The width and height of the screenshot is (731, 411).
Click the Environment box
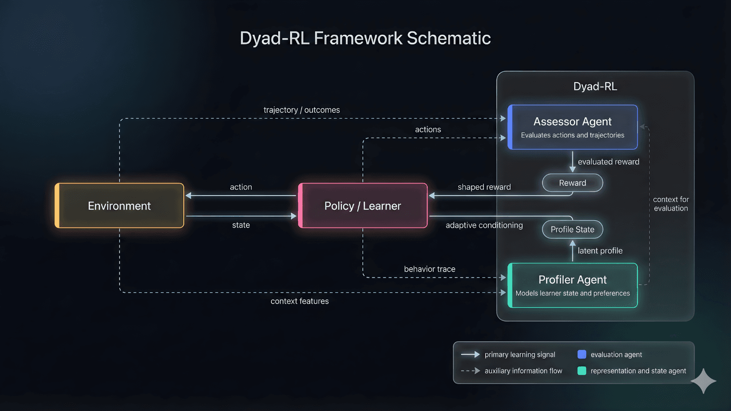[x=119, y=205]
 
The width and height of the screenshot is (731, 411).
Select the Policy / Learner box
[x=363, y=205]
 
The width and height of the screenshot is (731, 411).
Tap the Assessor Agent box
[x=572, y=127]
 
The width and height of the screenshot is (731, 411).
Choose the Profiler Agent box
[x=572, y=285]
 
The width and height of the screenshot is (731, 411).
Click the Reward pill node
[x=572, y=183]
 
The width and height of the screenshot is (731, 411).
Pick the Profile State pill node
[x=572, y=229]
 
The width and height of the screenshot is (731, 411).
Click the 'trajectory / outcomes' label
[x=302, y=110]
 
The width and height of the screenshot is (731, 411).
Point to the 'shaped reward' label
[x=484, y=187]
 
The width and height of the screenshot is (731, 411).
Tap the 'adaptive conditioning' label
[x=484, y=225]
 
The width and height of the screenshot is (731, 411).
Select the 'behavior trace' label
[x=429, y=269]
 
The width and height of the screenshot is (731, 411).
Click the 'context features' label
[x=300, y=301]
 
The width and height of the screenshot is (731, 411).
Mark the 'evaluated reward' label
[x=609, y=162]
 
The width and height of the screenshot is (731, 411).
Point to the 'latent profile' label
[x=600, y=251]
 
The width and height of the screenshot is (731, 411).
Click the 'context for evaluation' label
[x=671, y=204]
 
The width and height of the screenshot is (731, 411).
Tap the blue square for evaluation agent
[x=582, y=354]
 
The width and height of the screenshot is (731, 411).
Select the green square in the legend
[x=582, y=371]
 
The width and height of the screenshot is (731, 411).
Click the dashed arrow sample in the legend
[x=471, y=371]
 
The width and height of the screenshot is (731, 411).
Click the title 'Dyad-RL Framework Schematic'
[x=365, y=38]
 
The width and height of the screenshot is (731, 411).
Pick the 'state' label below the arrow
[x=241, y=225]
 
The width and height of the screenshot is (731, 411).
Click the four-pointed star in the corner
[x=704, y=380]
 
